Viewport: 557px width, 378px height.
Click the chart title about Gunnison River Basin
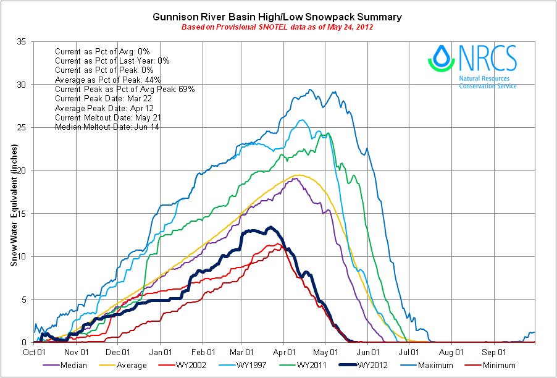[x=277, y=17]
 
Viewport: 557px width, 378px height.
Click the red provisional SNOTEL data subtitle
[x=277, y=28]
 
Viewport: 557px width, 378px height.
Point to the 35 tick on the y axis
[x=21, y=41]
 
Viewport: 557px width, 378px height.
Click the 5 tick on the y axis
[x=23, y=300]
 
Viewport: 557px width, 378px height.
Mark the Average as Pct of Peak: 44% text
[x=106, y=80]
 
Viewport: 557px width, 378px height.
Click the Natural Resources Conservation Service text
[x=488, y=82]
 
